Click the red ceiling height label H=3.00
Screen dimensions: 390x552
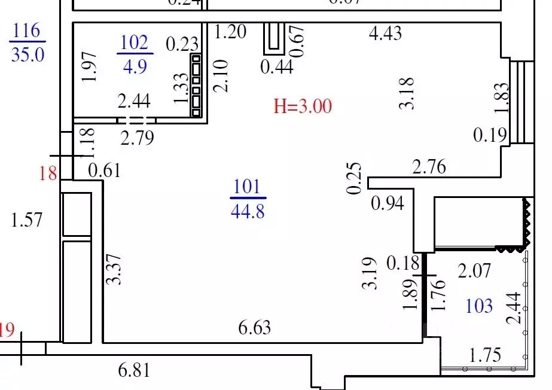click(x=302, y=106)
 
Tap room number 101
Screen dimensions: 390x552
click(x=248, y=187)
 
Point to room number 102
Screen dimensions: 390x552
click(x=134, y=42)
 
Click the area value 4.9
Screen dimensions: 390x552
click(x=134, y=65)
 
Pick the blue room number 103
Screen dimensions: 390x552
click(x=480, y=306)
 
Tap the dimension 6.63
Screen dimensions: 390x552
click(x=255, y=327)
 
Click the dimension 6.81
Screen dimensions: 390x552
click(x=134, y=371)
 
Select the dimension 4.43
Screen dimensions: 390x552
click(x=385, y=33)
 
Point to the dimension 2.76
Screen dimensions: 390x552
click(x=429, y=166)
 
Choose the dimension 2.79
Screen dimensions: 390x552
click(x=138, y=139)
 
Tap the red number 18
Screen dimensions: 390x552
click(x=48, y=174)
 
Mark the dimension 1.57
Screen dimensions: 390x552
click(x=28, y=220)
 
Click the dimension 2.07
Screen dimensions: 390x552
click(x=474, y=272)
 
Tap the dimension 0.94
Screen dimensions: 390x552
click(x=388, y=203)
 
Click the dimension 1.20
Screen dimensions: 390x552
click(x=230, y=31)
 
